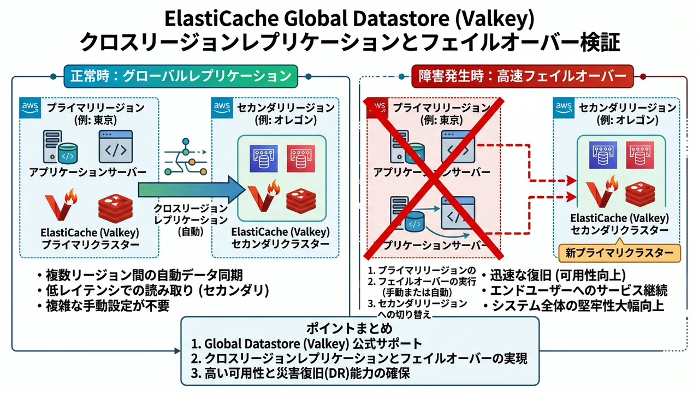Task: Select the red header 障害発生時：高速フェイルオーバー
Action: click(522, 75)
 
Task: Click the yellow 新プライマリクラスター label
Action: click(620, 253)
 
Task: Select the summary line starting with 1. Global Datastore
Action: click(307, 344)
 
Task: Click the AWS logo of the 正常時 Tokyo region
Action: click(31, 108)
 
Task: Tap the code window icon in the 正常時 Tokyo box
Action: click(116, 146)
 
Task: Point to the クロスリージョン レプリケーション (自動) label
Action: click(190, 220)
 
